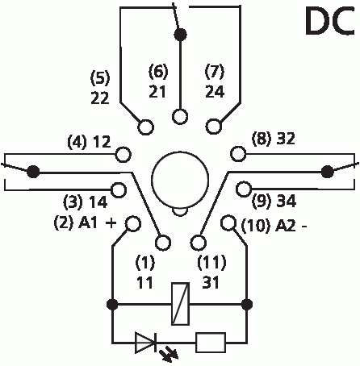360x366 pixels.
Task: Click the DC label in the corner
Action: tap(330, 21)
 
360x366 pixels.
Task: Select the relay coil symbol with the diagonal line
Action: tap(180, 304)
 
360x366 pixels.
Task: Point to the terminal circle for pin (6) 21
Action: tap(180, 117)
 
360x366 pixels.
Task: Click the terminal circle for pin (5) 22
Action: tap(145, 127)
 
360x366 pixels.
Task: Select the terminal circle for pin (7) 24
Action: tap(214, 126)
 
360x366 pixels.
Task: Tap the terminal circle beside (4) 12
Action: tap(123, 155)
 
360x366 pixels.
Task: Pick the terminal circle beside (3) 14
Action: tap(119, 190)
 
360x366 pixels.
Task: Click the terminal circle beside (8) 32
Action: tap(238, 154)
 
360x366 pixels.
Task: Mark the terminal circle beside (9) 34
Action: tap(244, 189)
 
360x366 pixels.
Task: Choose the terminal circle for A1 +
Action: tap(133, 223)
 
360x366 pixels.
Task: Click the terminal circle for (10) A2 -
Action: tap(228, 223)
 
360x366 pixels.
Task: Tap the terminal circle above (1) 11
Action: tap(163, 243)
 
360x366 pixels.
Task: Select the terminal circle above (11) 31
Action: tap(199, 242)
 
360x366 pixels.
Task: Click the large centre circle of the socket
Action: tap(180, 179)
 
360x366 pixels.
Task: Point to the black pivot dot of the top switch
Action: tap(180, 35)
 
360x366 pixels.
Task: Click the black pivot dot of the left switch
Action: tap(33, 172)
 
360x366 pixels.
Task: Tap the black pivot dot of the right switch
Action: tap(328, 172)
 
